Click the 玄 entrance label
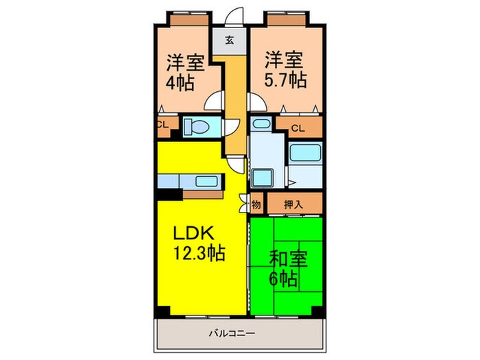click(230, 39)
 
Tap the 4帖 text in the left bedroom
click(180, 84)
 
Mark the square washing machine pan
click(261, 178)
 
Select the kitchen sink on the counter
click(206, 181)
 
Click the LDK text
click(189, 232)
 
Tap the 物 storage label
click(256, 204)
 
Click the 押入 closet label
click(293, 204)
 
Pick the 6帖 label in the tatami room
click(283, 280)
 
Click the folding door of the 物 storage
click(243, 203)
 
